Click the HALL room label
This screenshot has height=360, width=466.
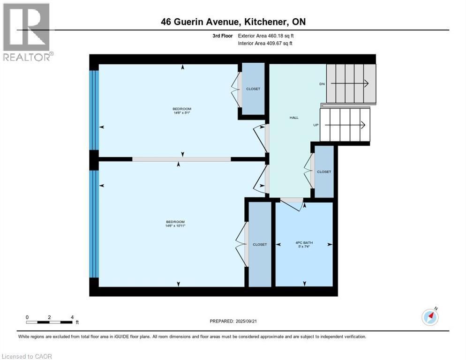(294, 118)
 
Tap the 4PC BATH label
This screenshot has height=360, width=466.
(304, 242)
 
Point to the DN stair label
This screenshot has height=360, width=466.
(322, 84)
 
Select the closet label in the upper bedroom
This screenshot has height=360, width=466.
(253, 89)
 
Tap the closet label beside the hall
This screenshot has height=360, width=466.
(324, 172)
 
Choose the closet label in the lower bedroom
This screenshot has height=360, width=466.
(260, 244)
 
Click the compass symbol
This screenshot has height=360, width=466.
(429, 317)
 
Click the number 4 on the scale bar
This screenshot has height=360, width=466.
(72, 317)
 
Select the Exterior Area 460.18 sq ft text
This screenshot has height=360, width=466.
(266, 36)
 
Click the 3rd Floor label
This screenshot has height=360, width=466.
(222, 36)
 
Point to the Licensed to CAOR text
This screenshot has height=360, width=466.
(27, 356)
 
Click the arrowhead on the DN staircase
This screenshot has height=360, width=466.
(366, 83)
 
